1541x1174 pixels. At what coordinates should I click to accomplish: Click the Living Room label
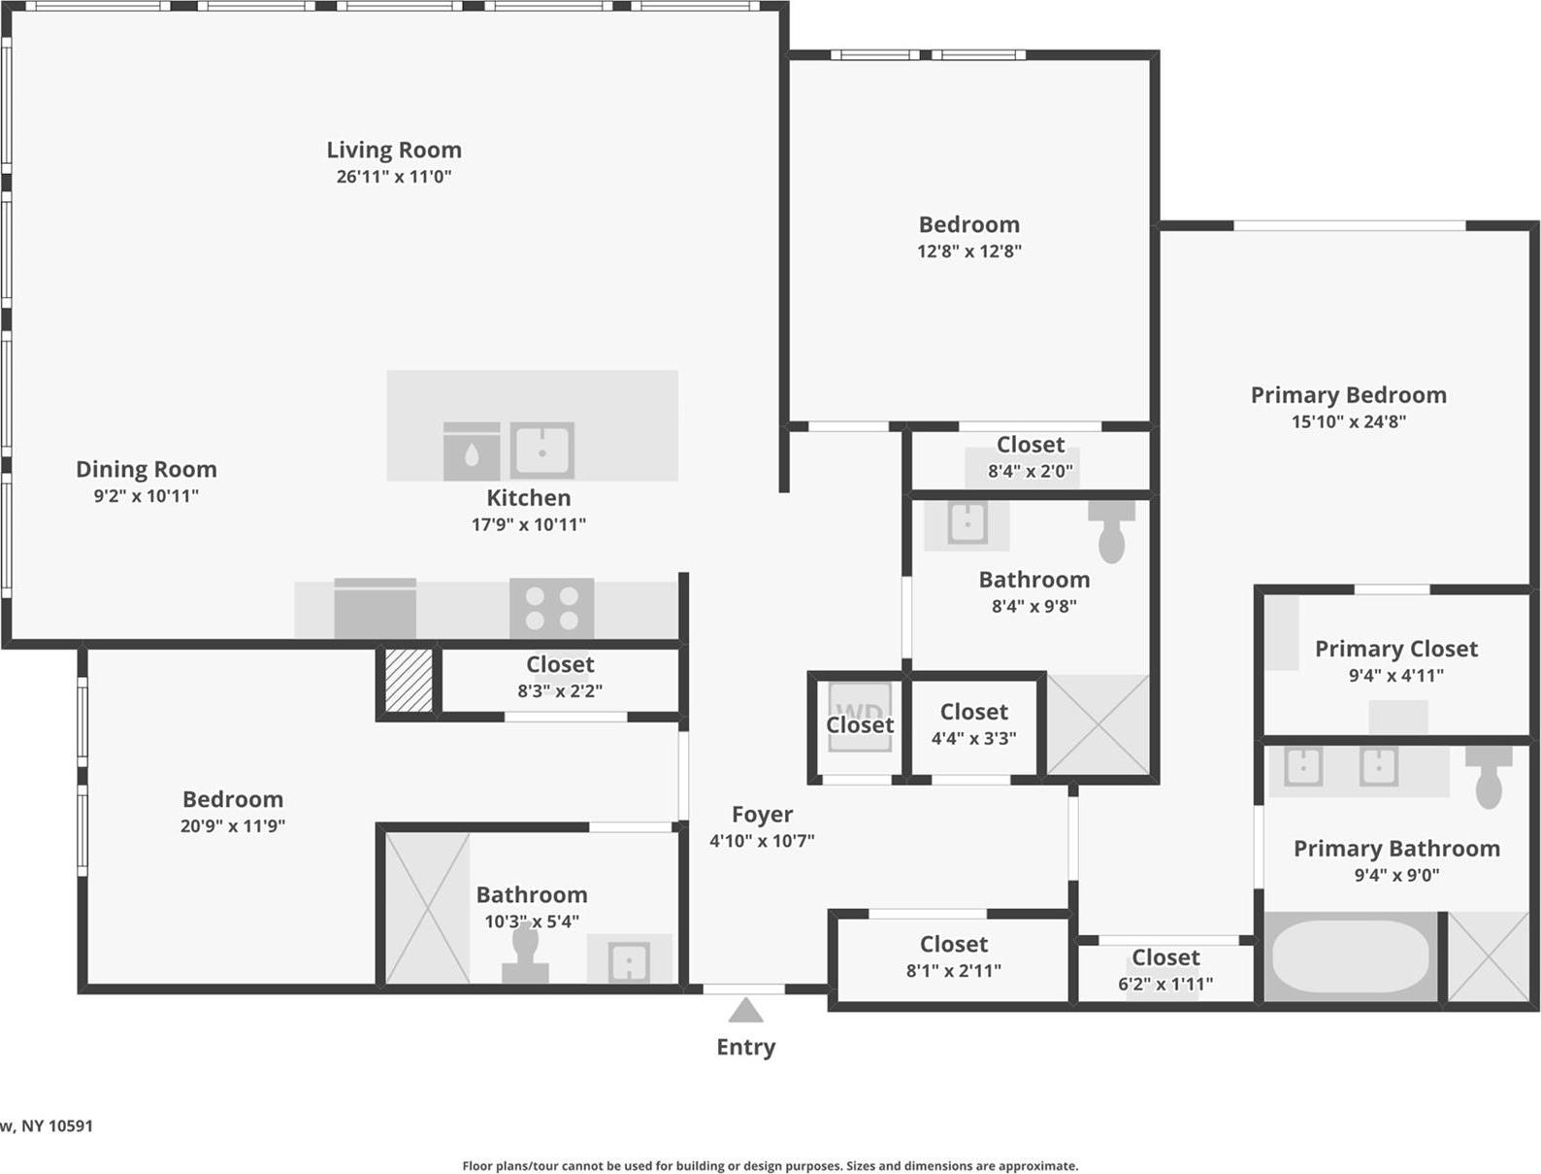click(393, 150)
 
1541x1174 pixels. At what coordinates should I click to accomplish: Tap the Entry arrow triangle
click(745, 1011)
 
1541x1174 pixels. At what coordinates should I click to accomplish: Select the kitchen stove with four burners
click(551, 608)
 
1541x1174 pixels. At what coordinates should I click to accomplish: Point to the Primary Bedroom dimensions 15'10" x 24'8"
click(1348, 421)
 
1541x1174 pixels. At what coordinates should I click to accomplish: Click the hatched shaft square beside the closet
click(409, 680)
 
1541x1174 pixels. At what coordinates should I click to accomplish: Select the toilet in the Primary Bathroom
click(1489, 776)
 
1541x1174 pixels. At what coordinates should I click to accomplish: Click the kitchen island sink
click(542, 451)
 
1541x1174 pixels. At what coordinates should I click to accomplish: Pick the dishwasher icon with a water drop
click(472, 453)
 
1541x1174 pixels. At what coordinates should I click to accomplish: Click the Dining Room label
click(147, 469)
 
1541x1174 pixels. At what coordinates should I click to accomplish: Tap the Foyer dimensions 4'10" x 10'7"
click(762, 841)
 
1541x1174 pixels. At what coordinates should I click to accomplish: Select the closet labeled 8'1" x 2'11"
click(953, 956)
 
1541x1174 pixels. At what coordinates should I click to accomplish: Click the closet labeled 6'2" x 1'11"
click(1164, 970)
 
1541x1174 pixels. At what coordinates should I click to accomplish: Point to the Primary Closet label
click(1395, 649)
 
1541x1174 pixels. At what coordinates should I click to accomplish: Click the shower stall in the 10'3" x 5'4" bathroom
click(428, 908)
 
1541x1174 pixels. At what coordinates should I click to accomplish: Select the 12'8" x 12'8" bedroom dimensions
click(968, 252)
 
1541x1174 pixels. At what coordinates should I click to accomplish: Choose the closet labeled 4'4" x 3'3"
click(973, 724)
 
